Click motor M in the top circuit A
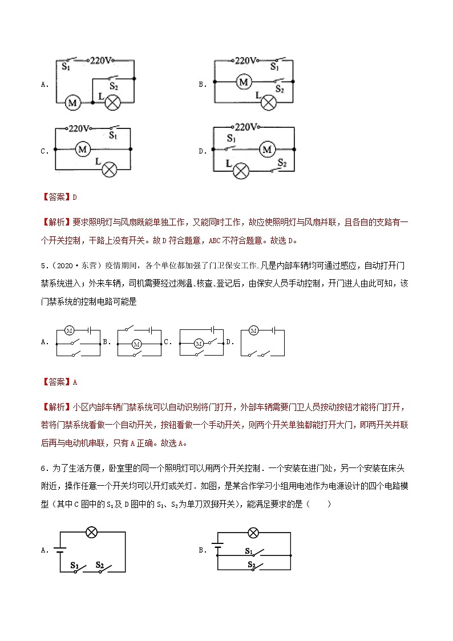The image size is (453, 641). tap(72, 103)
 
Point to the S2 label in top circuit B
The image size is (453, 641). tap(279, 90)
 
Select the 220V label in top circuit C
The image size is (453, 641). tap(81, 129)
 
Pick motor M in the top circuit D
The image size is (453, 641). tap(266, 150)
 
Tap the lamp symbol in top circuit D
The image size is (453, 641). tap(242, 170)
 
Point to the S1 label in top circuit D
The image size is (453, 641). tap(232, 139)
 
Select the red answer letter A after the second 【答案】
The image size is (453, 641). tap(74, 382)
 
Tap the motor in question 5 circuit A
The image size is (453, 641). tap(70, 330)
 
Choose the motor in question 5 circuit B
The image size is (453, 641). tap(136, 344)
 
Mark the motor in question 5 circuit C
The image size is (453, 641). tap(199, 343)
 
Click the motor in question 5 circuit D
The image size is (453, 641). tap(254, 330)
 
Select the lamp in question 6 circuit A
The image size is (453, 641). tap(90, 533)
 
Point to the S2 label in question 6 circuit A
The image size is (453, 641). tap(99, 565)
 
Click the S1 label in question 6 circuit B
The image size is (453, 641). tap(249, 551)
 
